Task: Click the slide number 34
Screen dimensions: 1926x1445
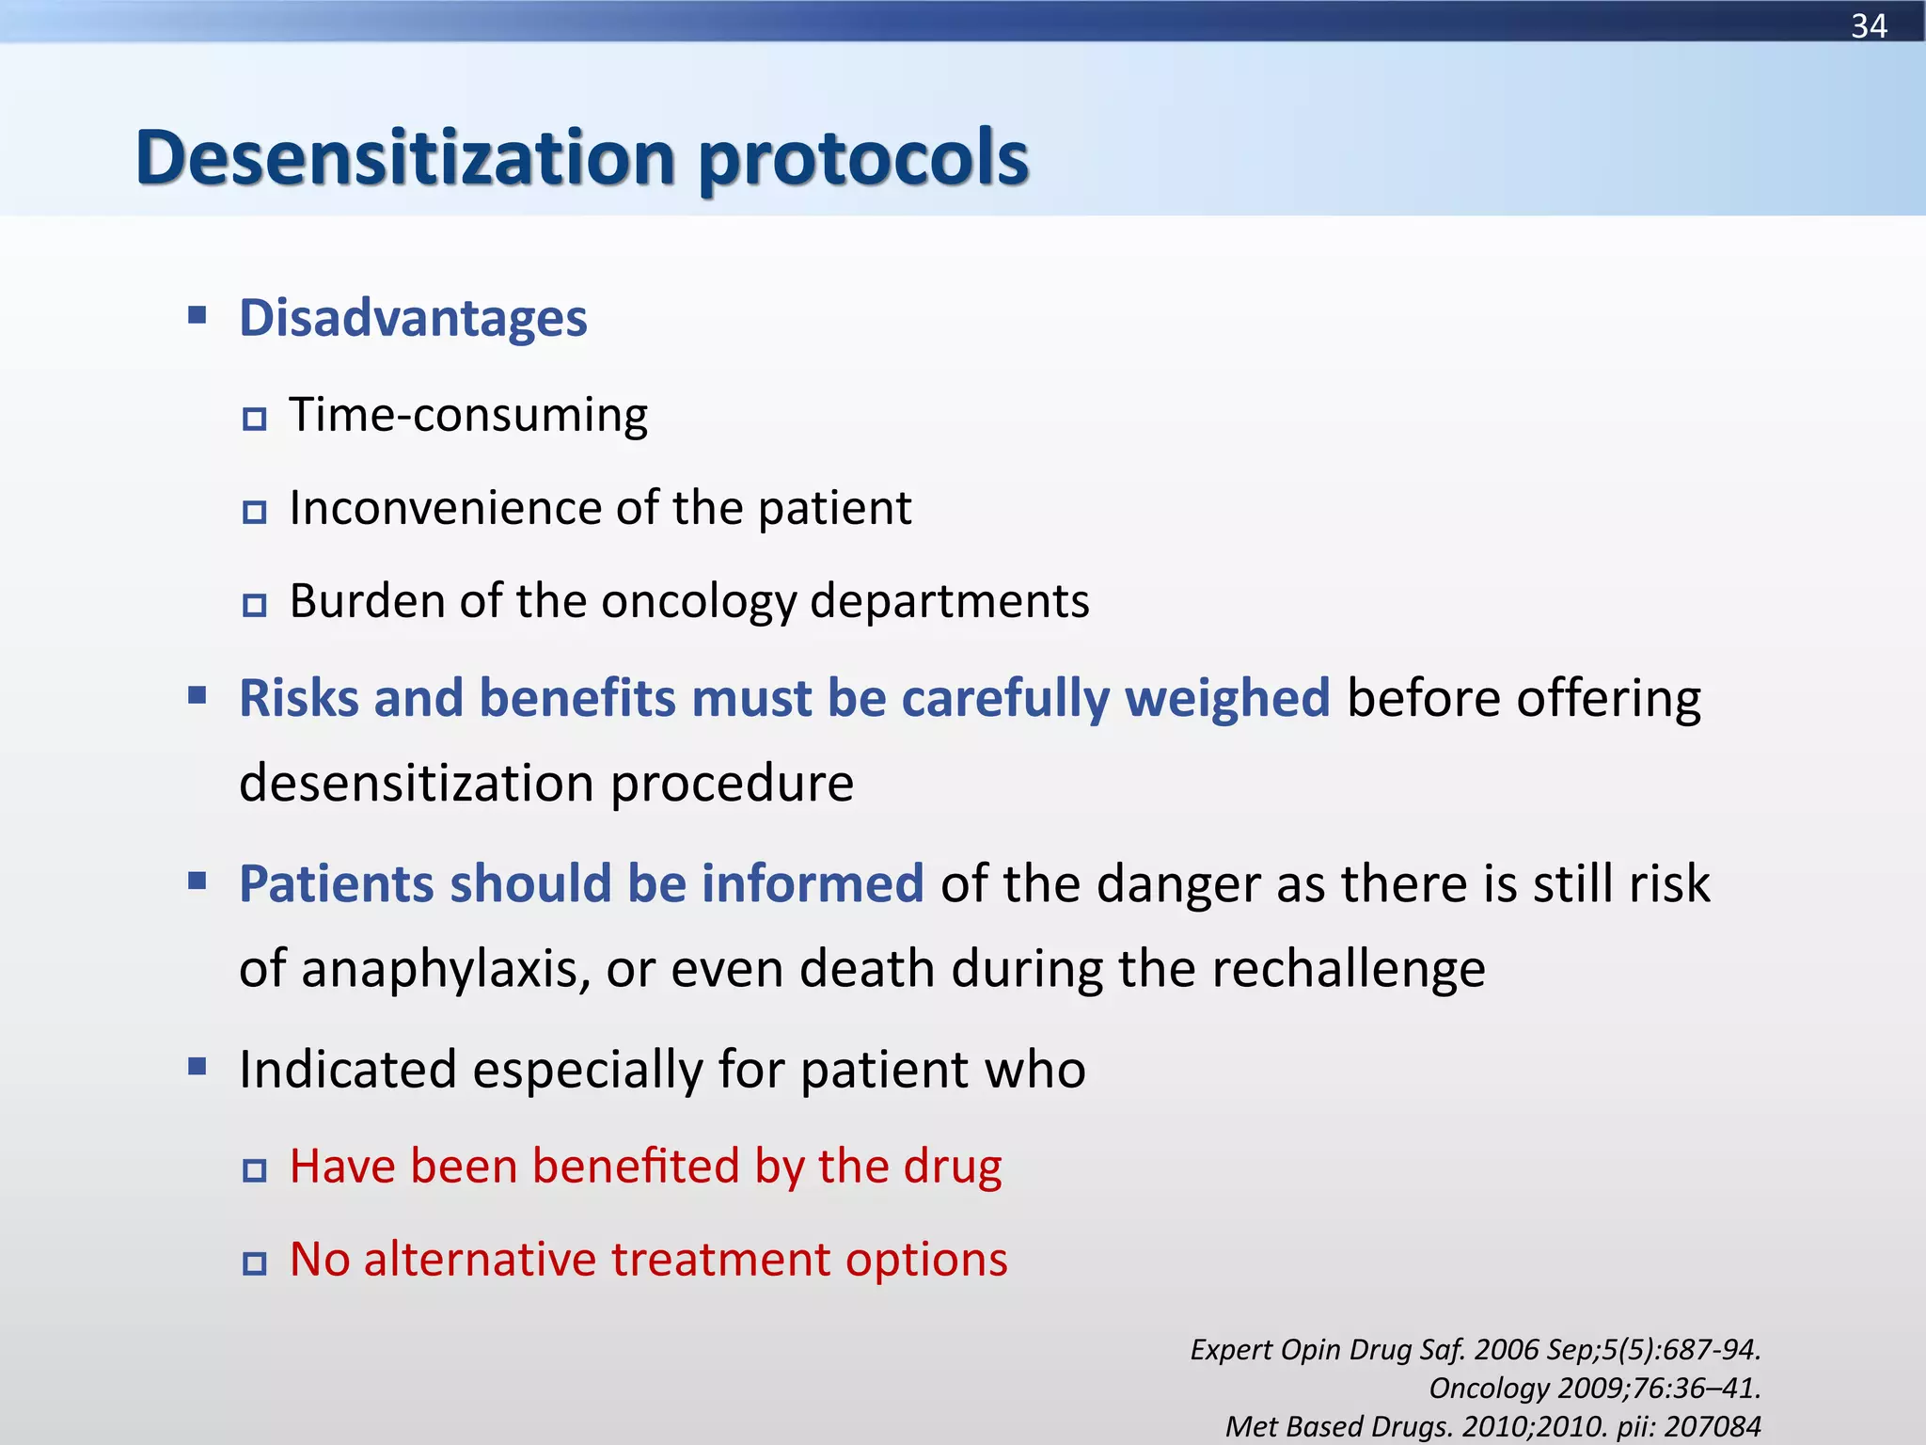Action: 1869,25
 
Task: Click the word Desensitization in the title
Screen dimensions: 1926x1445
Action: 405,157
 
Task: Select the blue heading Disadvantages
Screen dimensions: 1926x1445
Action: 413,318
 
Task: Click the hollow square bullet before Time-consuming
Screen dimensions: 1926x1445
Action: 254,419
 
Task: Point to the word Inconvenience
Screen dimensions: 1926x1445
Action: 446,508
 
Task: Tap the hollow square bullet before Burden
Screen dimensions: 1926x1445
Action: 254,605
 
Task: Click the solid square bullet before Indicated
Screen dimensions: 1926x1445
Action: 197,1067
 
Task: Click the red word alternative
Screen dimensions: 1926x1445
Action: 480,1260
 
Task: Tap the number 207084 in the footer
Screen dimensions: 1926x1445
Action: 1713,1427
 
